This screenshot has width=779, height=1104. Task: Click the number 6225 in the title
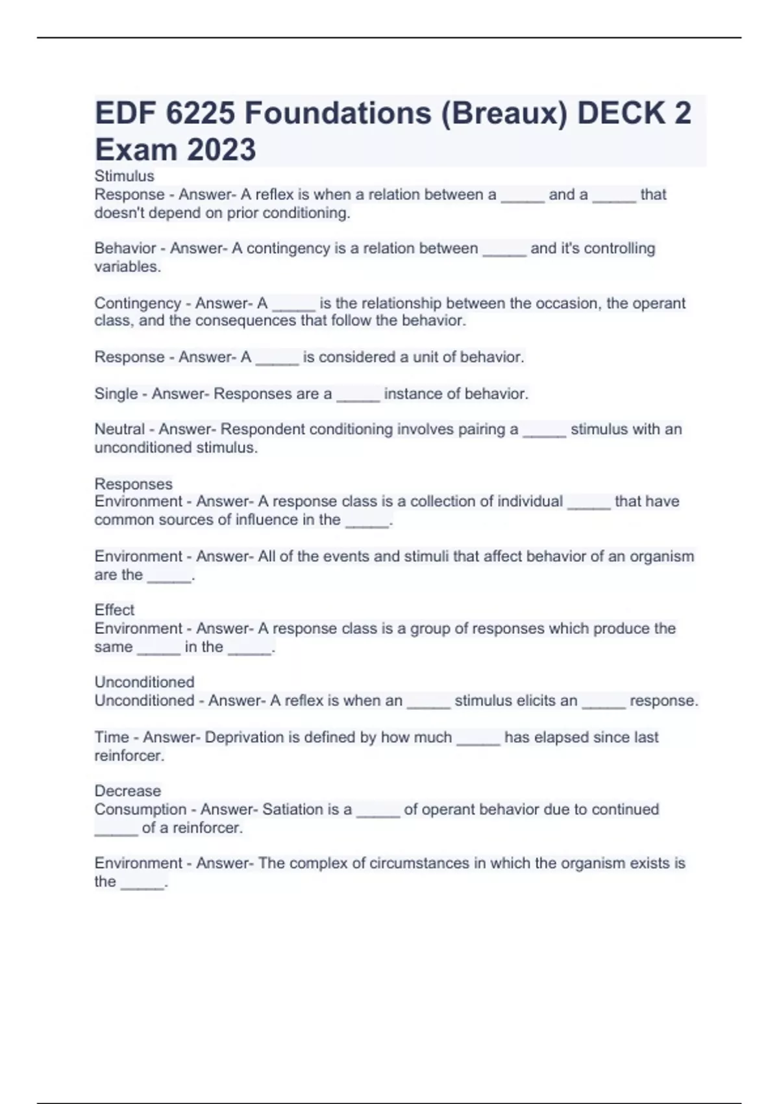pyautogui.click(x=200, y=114)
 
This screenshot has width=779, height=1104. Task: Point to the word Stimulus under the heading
pyautogui.click(x=124, y=176)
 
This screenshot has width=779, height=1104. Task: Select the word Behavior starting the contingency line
pyautogui.click(x=125, y=248)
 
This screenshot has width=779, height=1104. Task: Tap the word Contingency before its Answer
pyautogui.click(x=138, y=303)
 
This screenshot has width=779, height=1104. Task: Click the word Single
pyautogui.click(x=116, y=394)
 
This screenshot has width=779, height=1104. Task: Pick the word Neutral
pyautogui.click(x=119, y=429)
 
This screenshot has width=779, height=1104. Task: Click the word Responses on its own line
pyautogui.click(x=133, y=484)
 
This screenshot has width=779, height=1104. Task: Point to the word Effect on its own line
pyautogui.click(x=114, y=610)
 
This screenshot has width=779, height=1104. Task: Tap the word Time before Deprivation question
pyautogui.click(x=112, y=737)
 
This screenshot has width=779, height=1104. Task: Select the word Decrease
pyautogui.click(x=127, y=791)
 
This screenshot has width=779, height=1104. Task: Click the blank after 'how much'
pyautogui.click(x=478, y=739)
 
